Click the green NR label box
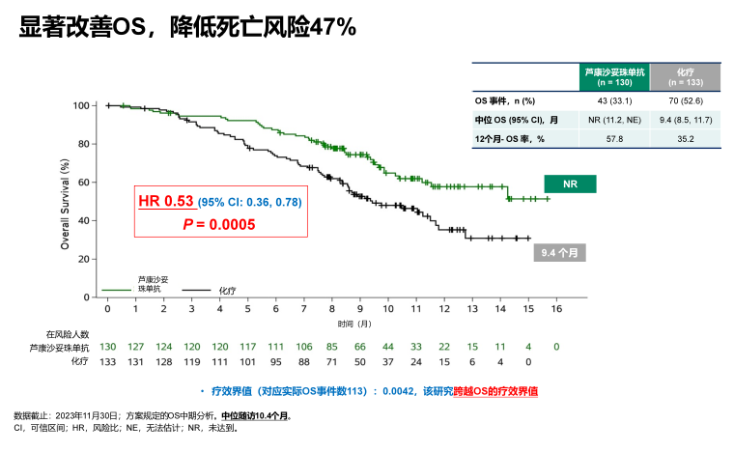pos(568,184)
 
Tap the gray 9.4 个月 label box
pos(561,254)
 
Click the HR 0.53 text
pos(166,202)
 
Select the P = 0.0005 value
pos(219,223)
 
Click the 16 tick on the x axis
pos(555,308)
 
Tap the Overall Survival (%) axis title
pos(65,205)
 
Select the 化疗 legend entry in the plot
pos(227,289)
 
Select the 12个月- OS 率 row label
pos(510,139)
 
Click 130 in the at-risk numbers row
pos(107,346)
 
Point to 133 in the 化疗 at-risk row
pos(107,361)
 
